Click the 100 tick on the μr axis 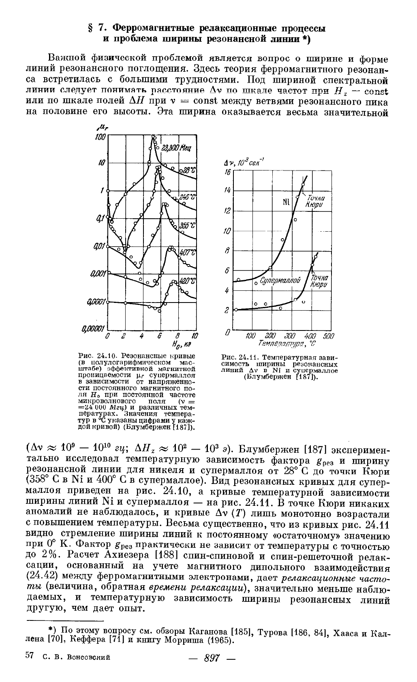click(x=100, y=138)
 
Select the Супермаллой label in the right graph click(x=280, y=281)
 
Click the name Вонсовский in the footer click(x=89, y=657)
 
